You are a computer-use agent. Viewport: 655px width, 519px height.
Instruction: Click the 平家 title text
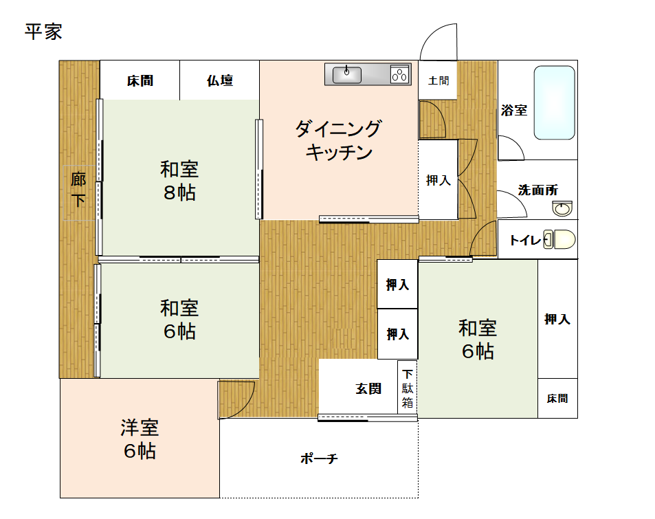click(43, 32)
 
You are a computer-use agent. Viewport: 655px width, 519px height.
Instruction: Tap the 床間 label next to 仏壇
click(140, 81)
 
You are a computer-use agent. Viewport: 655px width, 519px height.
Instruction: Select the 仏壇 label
click(220, 81)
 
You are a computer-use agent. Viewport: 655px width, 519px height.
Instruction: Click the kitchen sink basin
click(347, 74)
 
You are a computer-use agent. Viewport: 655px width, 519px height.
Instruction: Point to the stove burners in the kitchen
click(399, 74)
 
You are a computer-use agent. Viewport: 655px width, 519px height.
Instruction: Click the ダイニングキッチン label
click(338, 140)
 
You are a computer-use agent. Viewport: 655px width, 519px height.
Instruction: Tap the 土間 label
click(438, 81)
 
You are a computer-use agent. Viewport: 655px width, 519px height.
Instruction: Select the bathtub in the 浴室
click(554, 102)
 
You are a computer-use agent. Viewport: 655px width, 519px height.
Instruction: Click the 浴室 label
click(514, 109)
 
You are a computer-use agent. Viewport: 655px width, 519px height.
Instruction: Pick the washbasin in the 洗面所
click(562, 209)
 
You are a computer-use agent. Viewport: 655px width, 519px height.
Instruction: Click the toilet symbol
click(560, 239)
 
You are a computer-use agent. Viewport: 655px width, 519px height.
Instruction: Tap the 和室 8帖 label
click(179, 180)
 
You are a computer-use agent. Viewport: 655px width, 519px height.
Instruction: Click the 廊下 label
click(79, 190)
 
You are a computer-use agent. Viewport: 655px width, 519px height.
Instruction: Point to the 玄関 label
click(368, 388)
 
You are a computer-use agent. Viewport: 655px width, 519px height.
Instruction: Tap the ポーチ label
click(319, 459)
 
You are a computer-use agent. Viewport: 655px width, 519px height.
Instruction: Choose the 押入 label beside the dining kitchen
click(438, 180)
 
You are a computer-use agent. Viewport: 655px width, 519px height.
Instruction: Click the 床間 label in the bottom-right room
click(557, 399)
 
